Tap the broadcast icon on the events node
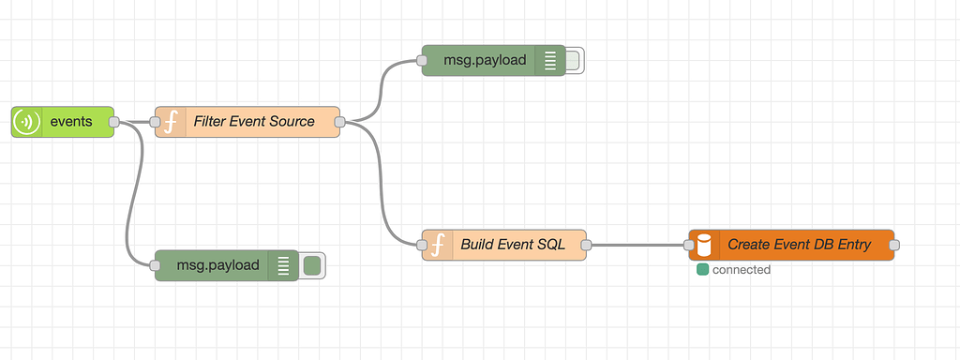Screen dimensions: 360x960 26,122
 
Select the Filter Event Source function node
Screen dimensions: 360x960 253,122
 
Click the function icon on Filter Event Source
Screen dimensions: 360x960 171,122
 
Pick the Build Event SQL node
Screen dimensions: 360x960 513,246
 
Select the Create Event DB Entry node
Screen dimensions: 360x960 799,246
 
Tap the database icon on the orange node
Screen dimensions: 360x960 704,246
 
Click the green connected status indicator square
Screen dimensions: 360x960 702,270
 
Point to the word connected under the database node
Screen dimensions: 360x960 741,270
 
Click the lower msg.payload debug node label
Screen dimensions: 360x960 217,265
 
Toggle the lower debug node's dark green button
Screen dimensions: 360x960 312,265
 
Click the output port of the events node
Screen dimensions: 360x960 114,122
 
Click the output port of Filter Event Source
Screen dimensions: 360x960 339,122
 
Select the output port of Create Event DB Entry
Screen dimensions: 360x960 893,246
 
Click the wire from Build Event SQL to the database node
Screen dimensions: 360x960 637,246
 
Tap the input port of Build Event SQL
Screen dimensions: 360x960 422,246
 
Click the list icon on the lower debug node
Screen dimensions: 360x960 282,265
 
